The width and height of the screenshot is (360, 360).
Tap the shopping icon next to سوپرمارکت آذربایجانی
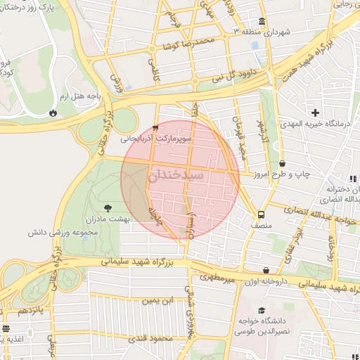click(x=155, y=128)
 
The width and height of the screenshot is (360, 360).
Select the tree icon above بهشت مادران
click(x=108, y=207)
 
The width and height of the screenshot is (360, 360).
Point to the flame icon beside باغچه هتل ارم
click(x=53, y=112)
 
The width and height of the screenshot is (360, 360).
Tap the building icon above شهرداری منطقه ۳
click(x=262, y=21)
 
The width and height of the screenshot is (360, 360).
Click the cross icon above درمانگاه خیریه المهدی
click(x=316, y=112)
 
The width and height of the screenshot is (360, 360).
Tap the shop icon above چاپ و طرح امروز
click(x=282, y=164)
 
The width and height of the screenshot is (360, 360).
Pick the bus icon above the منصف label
click(x=262, y=214)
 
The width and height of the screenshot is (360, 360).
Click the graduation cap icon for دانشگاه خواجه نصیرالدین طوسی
click(x=262, y=310)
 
